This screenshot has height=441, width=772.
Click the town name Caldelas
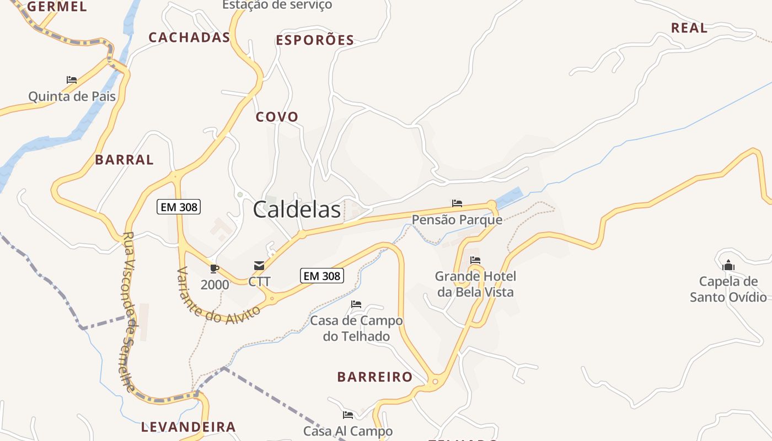(x=297, y=210)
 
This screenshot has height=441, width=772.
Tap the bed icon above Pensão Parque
(x=457, y=203)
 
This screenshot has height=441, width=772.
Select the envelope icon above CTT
(x=259, y=266)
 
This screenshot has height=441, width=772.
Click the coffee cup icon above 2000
(x=215, y=269)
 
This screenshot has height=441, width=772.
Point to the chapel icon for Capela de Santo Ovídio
(x=728, y=266)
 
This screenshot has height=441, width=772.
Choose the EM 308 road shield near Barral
(x=179, y=207)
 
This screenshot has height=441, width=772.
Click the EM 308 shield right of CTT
(x=322, y=276)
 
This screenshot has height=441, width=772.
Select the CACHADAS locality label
(x=189, y=37)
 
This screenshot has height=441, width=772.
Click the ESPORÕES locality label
(x=315, y=40)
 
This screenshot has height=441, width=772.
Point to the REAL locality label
(x=689, y=28)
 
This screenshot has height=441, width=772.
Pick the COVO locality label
(x=277, y=117)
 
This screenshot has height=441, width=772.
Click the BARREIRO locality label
(x=375, y=377)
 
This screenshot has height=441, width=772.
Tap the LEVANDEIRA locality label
(x=189, y=427)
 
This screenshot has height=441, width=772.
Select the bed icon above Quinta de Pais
(x=72, y=80)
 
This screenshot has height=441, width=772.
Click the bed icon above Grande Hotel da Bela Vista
(x=475, y=260)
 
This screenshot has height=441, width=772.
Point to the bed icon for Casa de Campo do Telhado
(x=356, y=304)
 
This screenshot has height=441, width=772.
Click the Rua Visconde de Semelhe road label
(x=128, y=311)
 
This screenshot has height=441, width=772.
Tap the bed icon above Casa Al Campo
(x=347, y=415)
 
